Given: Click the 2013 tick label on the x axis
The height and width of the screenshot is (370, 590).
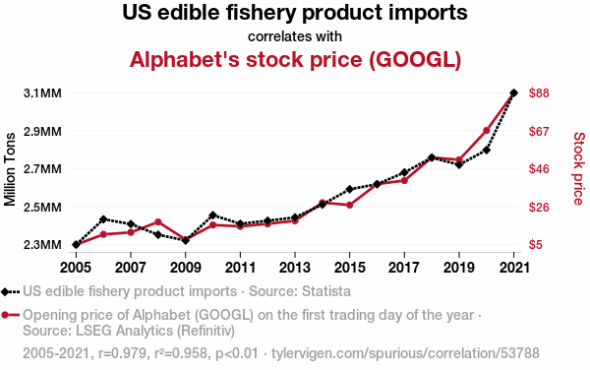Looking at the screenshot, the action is [x=295, y=268].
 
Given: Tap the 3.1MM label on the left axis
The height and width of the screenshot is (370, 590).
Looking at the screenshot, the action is [x=42, y=92].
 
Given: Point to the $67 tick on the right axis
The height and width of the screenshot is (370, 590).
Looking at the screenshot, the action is [x=539, y=131].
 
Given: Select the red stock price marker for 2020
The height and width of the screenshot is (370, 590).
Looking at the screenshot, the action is [x=486, y=131].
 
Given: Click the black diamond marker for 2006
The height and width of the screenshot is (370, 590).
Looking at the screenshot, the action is [x=103, y=219].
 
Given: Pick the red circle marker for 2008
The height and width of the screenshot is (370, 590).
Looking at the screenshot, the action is [x=158, y=222].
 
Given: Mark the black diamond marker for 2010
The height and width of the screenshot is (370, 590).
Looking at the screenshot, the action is [x=213, y=216].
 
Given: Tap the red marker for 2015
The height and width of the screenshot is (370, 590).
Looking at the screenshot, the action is [x=349, y=205].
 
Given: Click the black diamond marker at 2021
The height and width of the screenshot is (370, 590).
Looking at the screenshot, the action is [x=513, y=92].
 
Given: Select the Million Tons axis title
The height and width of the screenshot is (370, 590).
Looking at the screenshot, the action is [x=10, y=169].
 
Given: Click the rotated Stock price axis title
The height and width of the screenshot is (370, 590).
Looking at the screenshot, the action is [x=579, y=168].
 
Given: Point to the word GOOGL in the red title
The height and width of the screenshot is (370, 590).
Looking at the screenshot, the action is [x=415, y=59].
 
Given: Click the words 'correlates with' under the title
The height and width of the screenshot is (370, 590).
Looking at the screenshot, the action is [x=295, y=36].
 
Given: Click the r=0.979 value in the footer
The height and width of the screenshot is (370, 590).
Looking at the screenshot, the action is [x=122, y=353].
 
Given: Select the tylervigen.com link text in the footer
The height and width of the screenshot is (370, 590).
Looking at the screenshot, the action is [x=405, y=353].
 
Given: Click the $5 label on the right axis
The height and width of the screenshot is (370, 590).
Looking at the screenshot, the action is [x=536, y=245].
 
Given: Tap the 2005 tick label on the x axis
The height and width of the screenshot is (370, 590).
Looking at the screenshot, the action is [x=76, y=268].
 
